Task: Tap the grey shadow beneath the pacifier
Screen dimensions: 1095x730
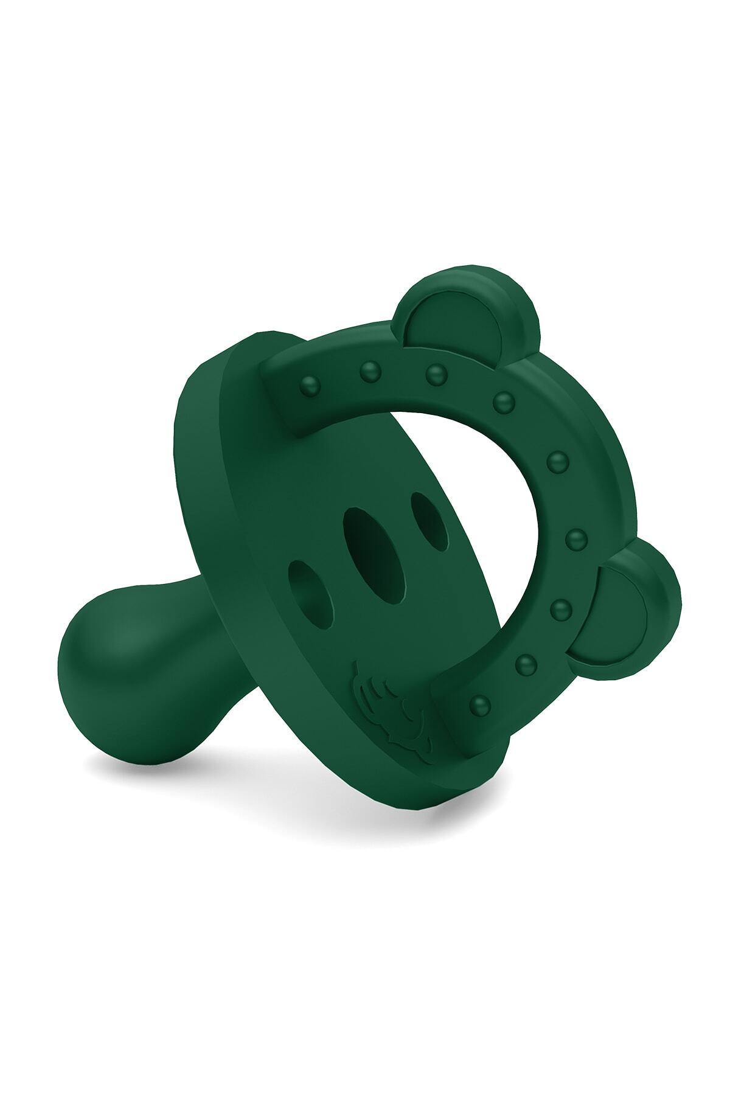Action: (x=365, y=809)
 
